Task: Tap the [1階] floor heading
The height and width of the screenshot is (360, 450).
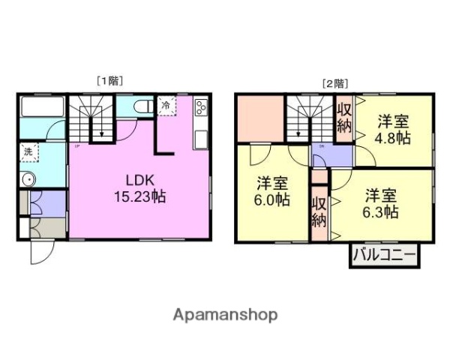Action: pos(109,80)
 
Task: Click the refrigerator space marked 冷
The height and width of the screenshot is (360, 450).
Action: pos(165,106)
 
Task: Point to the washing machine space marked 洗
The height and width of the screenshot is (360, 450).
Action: pos(28,152)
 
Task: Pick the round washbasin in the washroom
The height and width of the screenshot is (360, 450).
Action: pos(28,179)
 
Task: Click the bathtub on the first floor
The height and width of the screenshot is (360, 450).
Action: pos(41,107)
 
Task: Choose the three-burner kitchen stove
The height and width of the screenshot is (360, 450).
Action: pos(201,109)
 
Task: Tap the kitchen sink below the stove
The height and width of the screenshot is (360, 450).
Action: pos(201,139)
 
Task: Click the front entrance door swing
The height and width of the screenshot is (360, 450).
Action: pos(40,251)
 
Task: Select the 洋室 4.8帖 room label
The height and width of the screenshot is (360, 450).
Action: pos(393,129)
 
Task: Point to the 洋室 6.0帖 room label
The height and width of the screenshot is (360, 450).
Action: pos(273,191)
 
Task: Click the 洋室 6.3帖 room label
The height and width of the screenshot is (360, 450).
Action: pos(380,203)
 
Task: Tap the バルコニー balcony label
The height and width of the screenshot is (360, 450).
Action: pos(384,256)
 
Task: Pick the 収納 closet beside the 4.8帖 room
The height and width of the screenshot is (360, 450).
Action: pos(343,118)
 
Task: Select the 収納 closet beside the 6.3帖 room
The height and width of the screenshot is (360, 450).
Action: pos(319,211)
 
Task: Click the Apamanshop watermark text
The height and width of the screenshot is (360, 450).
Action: pos(225,314)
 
